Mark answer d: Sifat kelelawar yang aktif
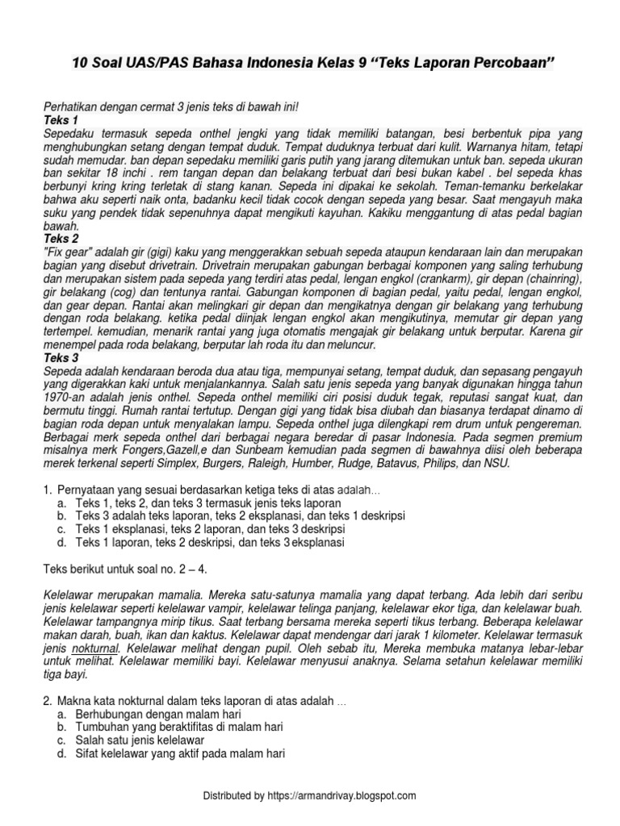click(x=178, y=753)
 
